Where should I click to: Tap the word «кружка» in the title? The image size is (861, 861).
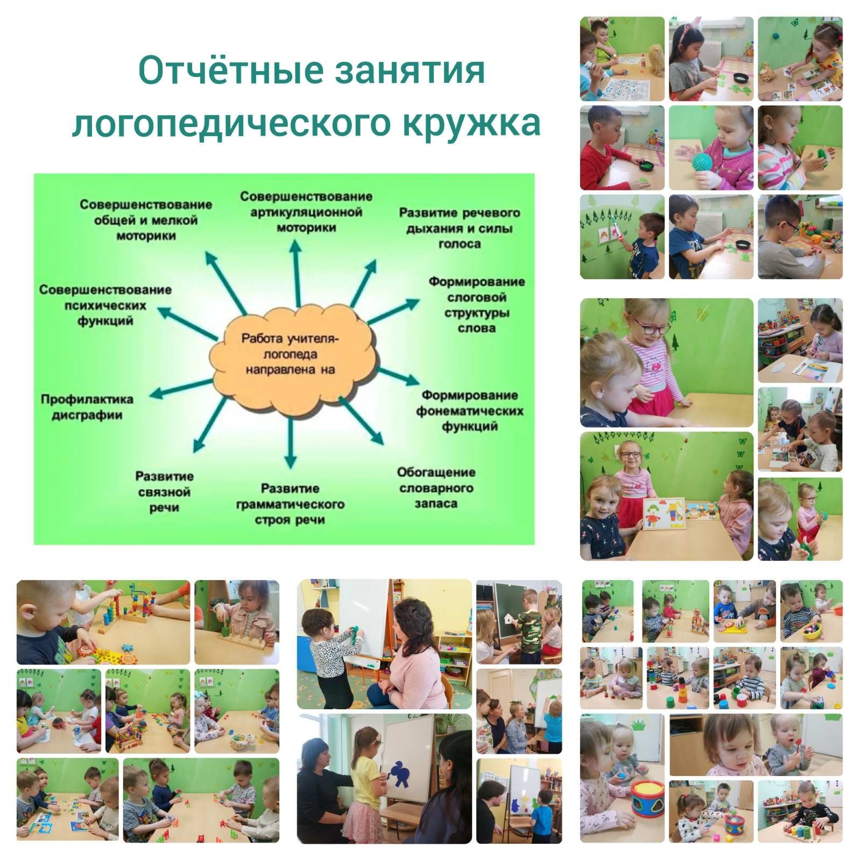[470, 123]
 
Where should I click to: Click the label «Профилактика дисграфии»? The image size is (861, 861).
[87, 407]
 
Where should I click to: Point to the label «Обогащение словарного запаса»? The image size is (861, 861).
[436, 488]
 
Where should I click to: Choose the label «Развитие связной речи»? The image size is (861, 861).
[165, 492]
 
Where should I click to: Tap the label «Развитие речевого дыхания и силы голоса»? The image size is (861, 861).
[460, 228]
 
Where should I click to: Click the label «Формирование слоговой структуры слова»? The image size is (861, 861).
[477, 305]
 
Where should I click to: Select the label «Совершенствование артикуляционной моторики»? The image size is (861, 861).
[306, 211]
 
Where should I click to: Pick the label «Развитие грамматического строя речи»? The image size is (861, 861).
[291, 504]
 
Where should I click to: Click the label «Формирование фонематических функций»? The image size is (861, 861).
[470, 411]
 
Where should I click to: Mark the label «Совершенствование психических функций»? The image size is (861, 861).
[105, 305]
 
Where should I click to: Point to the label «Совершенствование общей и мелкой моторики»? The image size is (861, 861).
[146, 220]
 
